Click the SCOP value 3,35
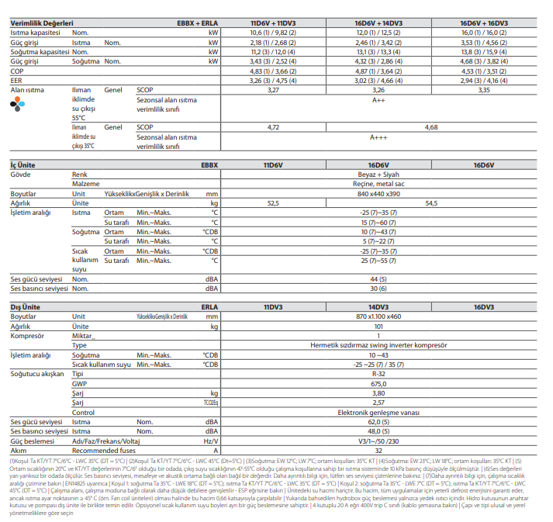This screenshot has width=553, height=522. point(484,90)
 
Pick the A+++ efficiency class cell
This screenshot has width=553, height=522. point(378,137)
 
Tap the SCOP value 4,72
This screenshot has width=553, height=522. point(273,126)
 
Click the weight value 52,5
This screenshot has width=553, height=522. point(273,203)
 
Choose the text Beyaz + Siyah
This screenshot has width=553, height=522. point(378,175)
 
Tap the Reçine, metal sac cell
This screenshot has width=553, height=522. point(378,184)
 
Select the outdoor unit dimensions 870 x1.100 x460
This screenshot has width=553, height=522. point(378,317)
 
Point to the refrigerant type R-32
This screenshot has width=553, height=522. point(378,374)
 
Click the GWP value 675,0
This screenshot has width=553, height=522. point(378,383)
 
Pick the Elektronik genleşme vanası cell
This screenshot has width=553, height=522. point(378,413)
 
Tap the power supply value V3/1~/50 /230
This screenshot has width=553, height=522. point(378,441)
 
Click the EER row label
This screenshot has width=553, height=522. point(16,80)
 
